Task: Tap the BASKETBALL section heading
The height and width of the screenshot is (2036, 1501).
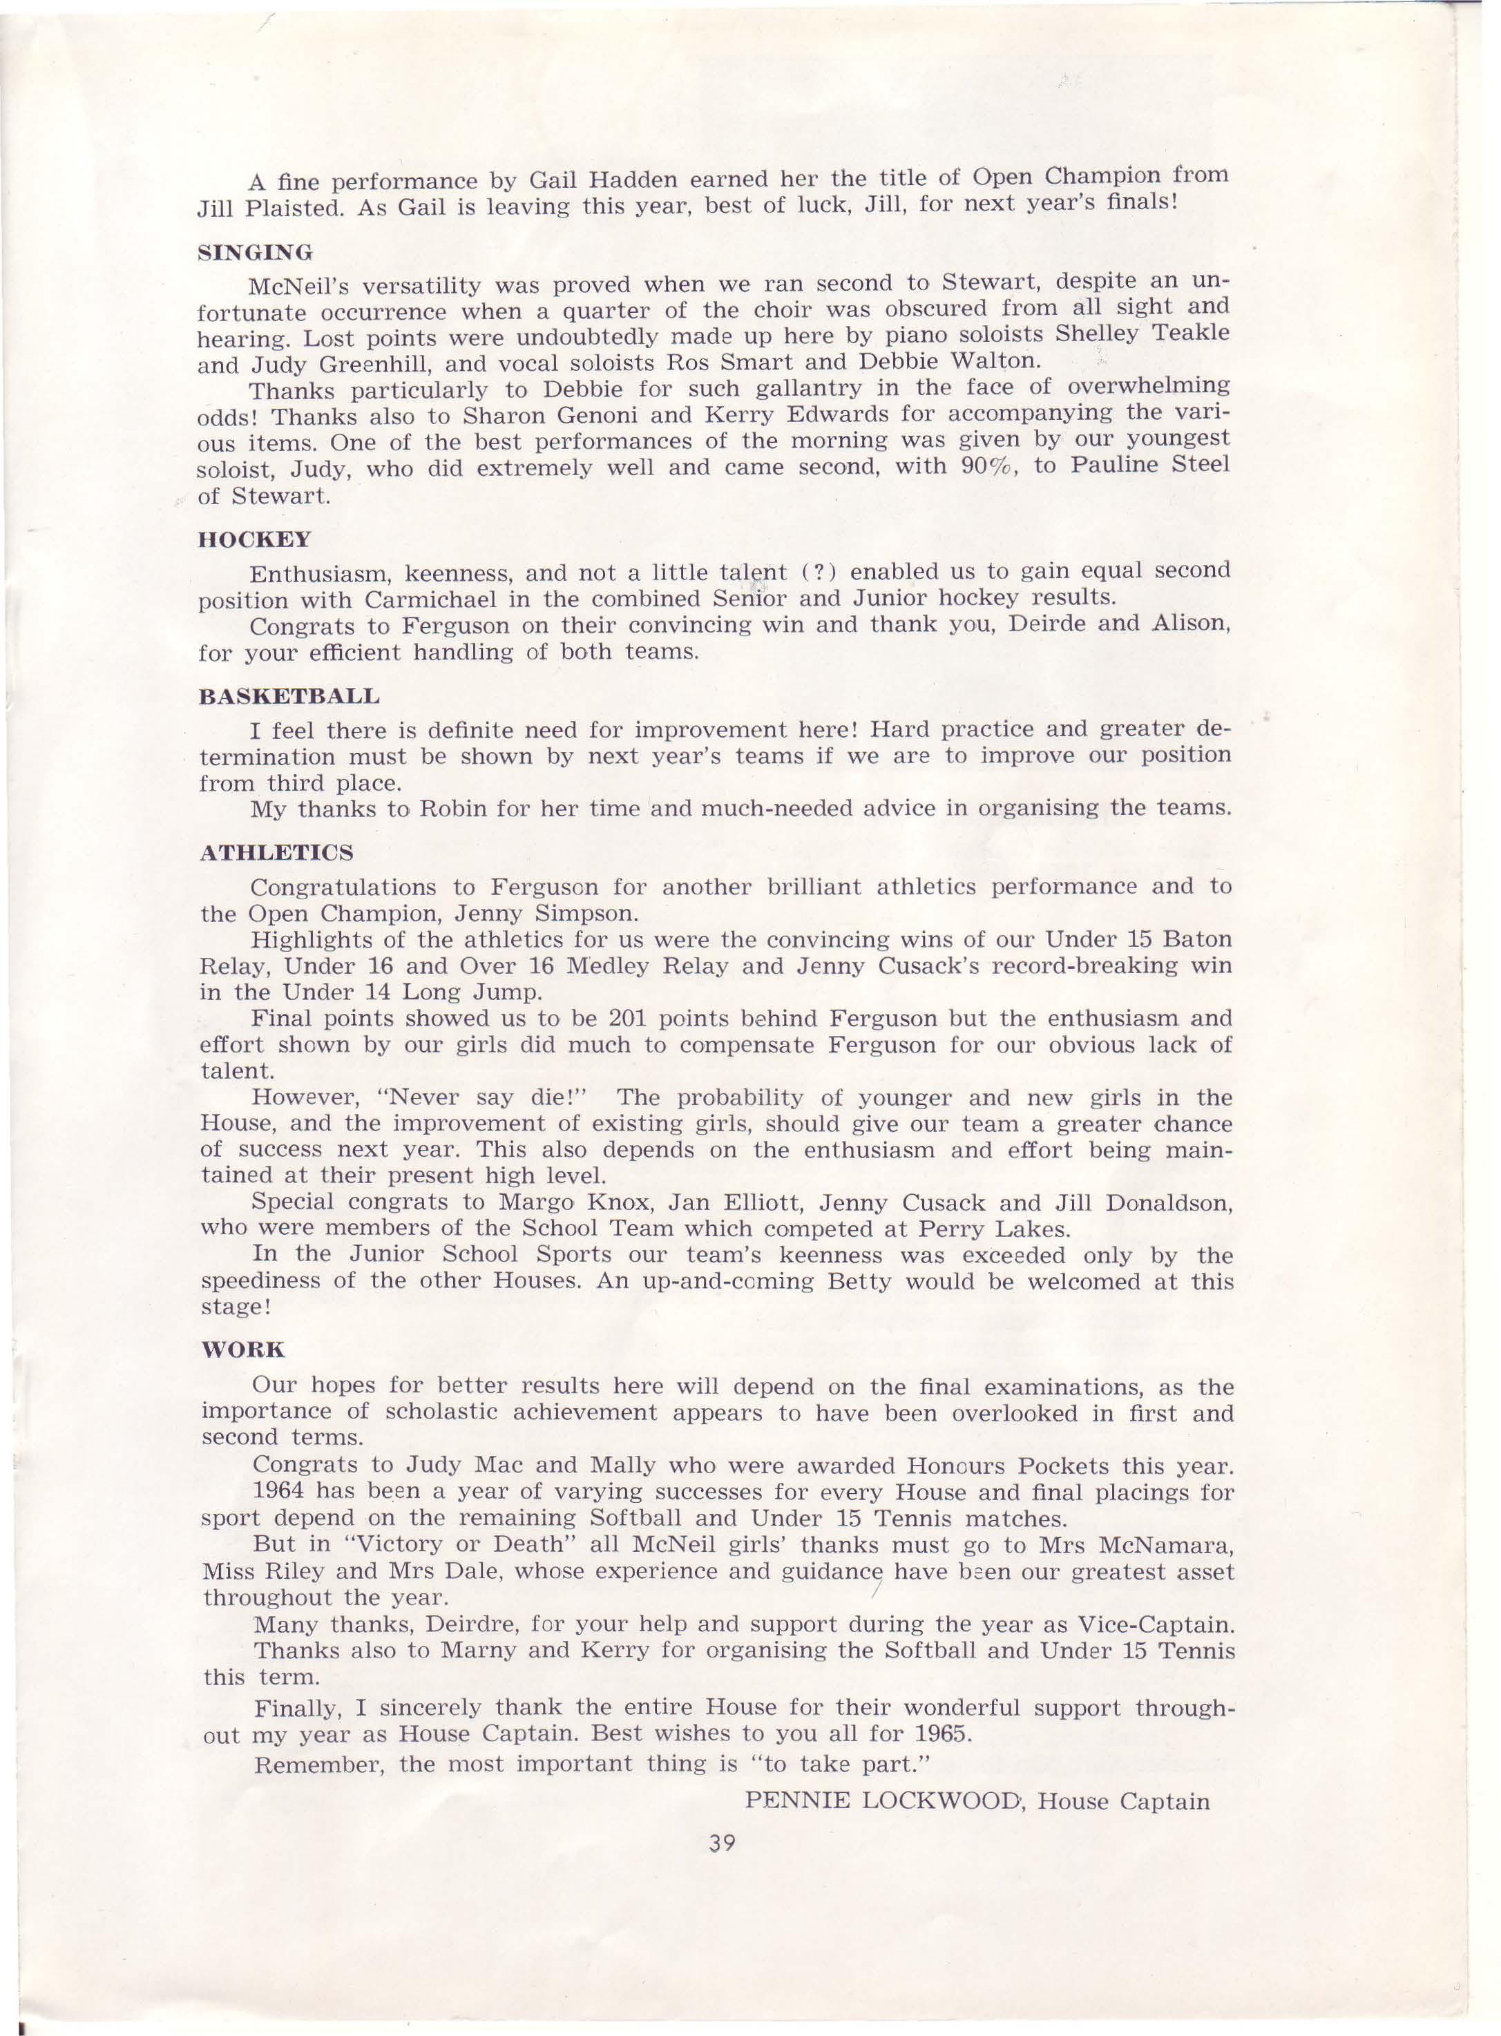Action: click(x=289, y=697)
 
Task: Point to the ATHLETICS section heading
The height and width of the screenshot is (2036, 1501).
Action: click(x=276, y=853)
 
